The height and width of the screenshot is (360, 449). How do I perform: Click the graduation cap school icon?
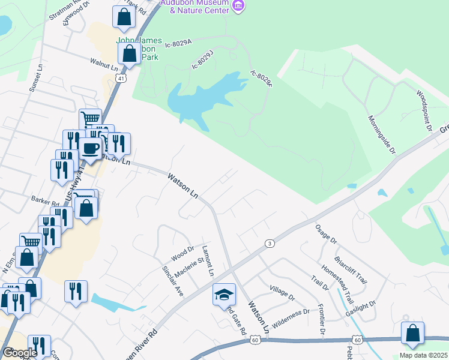point(224,294)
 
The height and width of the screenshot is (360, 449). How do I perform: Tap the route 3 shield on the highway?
point(270,243)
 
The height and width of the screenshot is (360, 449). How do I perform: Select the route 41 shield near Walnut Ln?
point(121,78)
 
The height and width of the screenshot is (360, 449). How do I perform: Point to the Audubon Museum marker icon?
point(239,6)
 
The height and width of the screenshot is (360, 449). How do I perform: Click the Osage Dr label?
point(326,234)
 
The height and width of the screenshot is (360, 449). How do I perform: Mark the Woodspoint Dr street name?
point(424,110)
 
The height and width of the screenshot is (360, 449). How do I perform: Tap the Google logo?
point(19,352)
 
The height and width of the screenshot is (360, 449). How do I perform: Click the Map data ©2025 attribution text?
point(423,355)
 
